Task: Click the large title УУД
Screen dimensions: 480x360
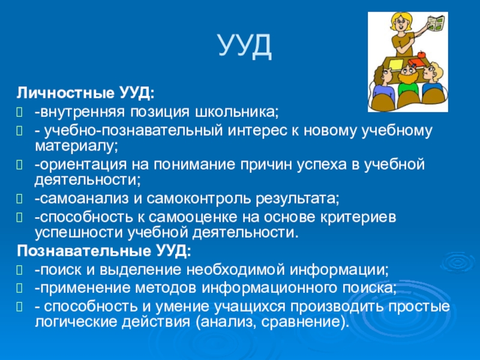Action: coord(245,46)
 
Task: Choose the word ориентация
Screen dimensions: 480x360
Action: coord(82,165)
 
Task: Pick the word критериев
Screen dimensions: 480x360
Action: coord(358,218)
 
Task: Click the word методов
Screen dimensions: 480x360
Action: coord(166,288)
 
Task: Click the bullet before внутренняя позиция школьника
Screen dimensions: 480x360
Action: coord(20,113)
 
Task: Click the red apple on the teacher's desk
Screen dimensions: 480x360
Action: coord(422,55)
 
